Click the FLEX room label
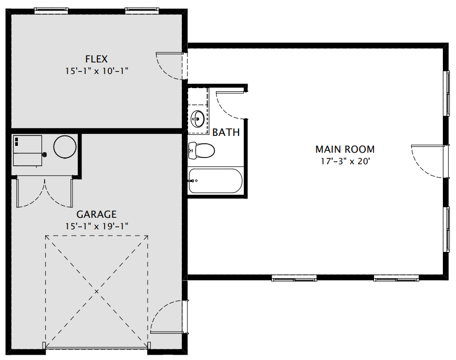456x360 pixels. tap(96, 59)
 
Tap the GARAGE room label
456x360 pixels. tap(96, 214)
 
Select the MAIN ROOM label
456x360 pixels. tap(345, 149)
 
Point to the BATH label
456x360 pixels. tap(226, 132)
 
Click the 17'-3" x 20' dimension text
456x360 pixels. tap(345, 161)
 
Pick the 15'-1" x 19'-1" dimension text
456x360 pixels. tap(97, 226)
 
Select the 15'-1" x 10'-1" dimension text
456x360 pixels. tap(97, 71)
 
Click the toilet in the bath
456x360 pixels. tap(201, 150)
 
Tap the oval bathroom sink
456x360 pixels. tap(198, 119)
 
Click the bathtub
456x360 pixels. tap(215, 181)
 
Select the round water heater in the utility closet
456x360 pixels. tap(65, 147)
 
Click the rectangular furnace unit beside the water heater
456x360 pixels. tap(28, 151)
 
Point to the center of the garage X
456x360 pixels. tap(97, 291)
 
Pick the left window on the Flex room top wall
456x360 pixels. tap(51, 10)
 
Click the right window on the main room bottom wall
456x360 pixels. tap(396, 278)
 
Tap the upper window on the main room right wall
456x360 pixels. tap(447, 93)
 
